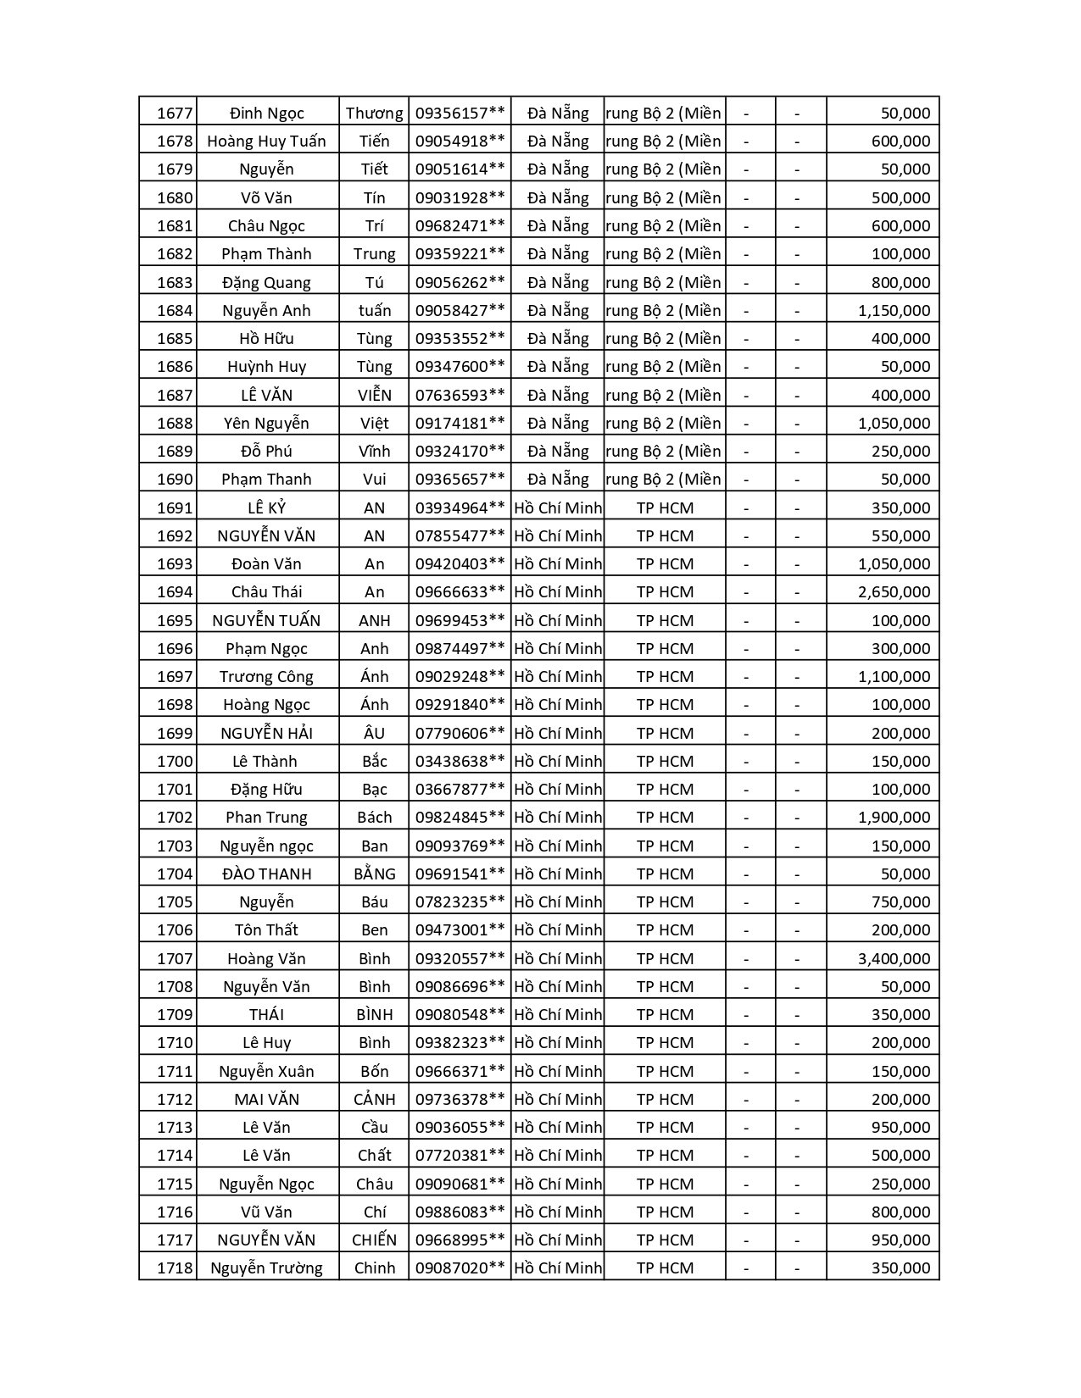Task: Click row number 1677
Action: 175,114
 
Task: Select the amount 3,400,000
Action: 894,958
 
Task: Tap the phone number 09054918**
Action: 460,141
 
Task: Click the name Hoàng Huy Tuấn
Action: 266,141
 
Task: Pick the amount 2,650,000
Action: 894,592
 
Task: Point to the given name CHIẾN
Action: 374,1240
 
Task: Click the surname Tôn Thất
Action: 266,930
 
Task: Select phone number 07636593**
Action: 460,395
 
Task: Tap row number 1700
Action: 175,761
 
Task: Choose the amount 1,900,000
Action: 894,818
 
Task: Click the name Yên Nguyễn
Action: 266,423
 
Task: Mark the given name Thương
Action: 374,114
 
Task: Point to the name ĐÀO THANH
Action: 266,874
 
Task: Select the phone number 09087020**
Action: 460,1268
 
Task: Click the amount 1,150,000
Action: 894,311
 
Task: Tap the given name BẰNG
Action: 374,874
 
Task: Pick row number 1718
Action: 175,1268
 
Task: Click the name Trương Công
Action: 266,677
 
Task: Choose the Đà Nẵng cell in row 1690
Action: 557,480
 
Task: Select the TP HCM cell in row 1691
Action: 665,508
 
